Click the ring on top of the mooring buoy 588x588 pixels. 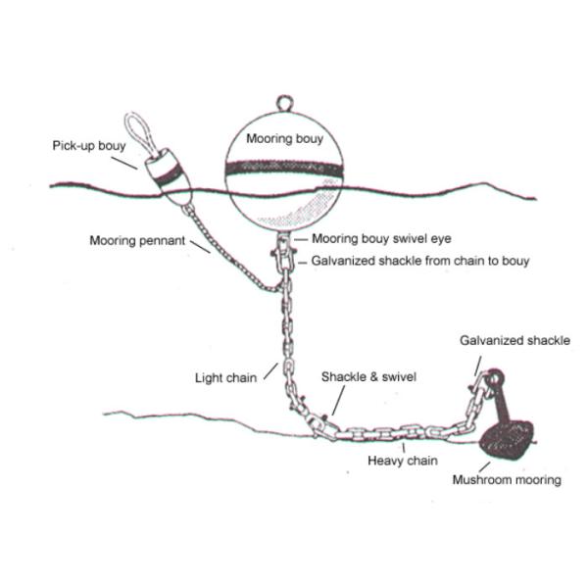tap(284, 102)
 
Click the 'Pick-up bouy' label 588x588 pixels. tap(89, 146)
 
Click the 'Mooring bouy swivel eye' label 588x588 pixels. tap(378, 238)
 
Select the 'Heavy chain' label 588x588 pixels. tap(402, 460)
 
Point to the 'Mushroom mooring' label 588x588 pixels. tap(507, 480)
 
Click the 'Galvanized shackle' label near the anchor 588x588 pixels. tap(514, 341)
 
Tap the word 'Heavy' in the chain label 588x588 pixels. tap(384, 460)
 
